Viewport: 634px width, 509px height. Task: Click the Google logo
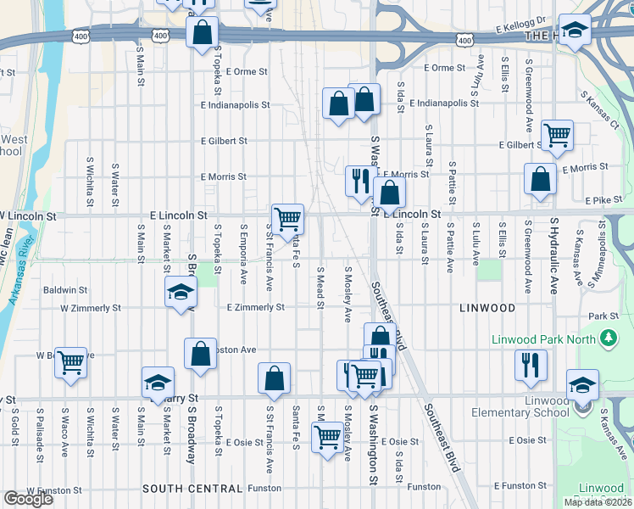[x=27, y=499]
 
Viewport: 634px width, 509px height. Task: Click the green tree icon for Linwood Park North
[x=607, y=340]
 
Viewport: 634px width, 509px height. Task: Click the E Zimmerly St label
[x=255, y=306]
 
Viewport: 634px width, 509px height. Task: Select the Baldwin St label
[x=65, y=290]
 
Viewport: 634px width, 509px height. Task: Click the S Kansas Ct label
[x=601, y=111]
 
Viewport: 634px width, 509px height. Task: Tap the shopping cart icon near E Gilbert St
[x=557, y=134]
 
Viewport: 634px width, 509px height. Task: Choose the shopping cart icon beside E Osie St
[x=327, y=437]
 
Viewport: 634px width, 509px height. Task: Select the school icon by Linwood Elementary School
[x=582, y=385]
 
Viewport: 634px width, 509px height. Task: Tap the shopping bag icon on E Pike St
[x=540, y=179]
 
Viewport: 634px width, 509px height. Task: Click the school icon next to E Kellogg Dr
[x=575, y=30]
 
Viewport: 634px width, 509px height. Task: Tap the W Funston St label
[x=54, y=489]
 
